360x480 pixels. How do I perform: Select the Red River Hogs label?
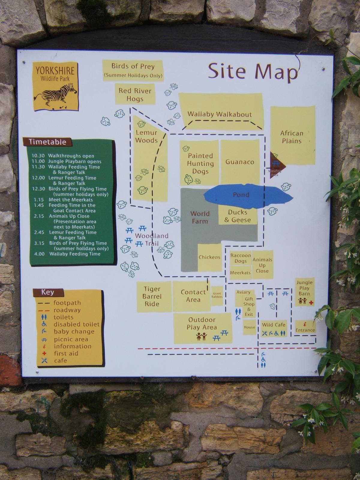[135, 94]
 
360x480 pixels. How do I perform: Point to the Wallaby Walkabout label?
[220, 114]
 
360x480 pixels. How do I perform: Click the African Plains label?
[292, 137]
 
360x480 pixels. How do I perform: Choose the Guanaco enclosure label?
[240, 162]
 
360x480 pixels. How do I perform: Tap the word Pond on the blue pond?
[241, 195]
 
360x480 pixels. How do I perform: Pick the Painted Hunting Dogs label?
[200, 163]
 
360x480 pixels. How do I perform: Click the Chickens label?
[209, 257]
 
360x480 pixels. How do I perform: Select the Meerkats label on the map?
[240, 273]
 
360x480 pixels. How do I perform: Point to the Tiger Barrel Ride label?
[152, 296]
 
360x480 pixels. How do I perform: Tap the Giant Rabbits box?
[217, 295]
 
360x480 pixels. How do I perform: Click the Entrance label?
[305, 330]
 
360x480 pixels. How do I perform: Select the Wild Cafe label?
[274, 325]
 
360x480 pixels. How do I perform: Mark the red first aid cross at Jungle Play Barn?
[311, 303]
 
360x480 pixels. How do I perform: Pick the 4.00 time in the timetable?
[39, 254]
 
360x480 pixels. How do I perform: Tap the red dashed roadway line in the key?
[44, 310]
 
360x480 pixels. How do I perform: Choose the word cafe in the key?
[60, 361]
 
